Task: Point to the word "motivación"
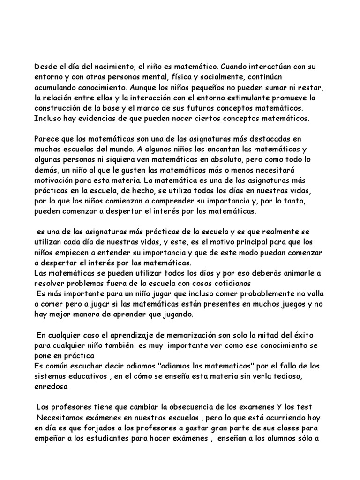(55, 180)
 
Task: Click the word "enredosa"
(51, 387)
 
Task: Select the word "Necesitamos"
(60, 418)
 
